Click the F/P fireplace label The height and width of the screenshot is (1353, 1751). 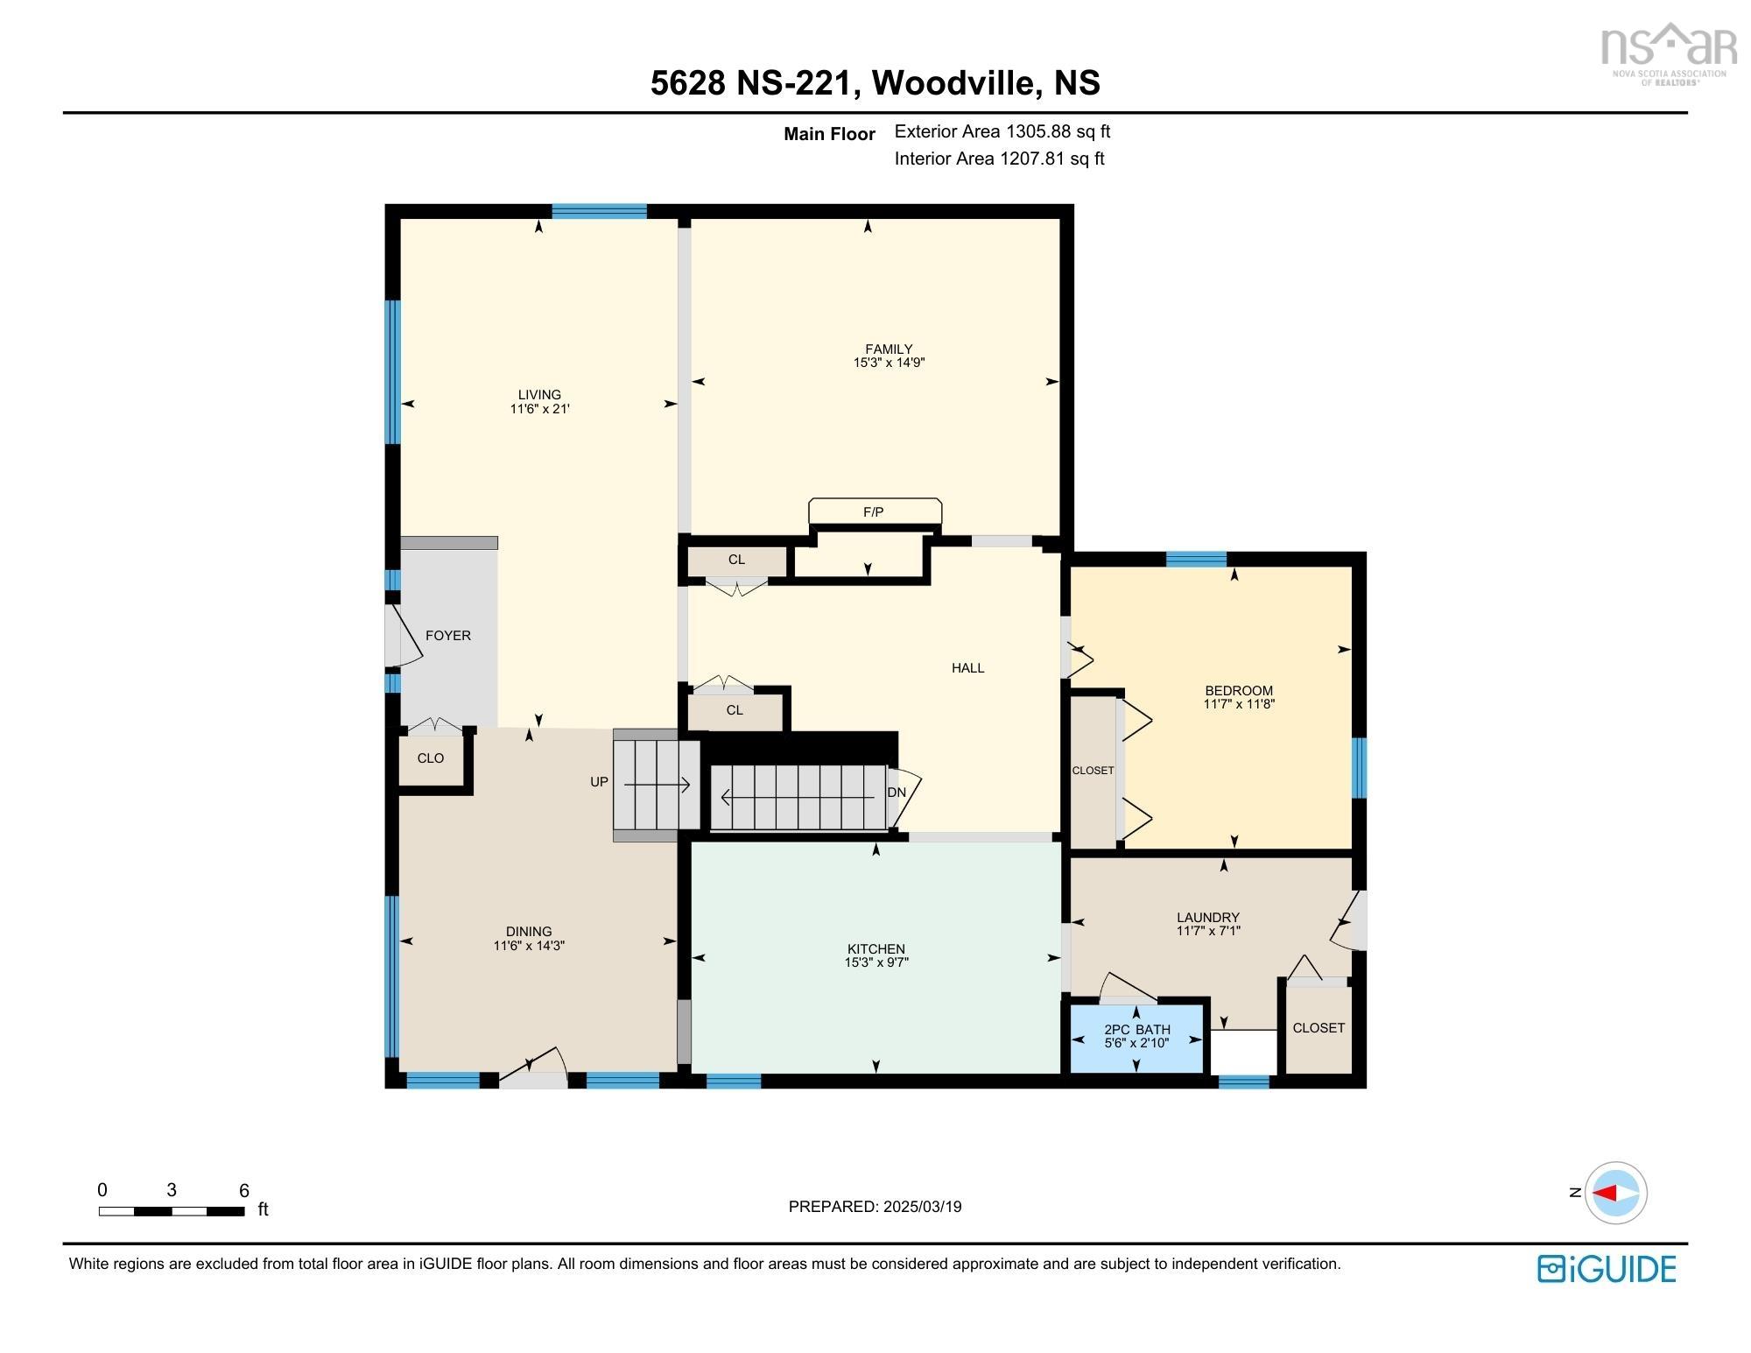click(x=873, y=512)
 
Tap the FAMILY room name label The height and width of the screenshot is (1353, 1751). click(x=889, y=349)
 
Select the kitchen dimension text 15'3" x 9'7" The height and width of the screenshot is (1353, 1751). click(x=875, y=962)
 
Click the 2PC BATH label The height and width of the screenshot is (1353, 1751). click(x=1136, y=1029)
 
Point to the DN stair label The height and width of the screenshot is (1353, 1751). click(x=897, y=793)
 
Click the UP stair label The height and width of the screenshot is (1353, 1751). click(x=599, y=782)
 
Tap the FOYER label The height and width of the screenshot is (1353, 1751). click(x=448, y=636)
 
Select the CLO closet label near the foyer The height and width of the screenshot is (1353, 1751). click(x=431, y=758)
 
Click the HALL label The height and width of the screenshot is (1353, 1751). click(x=968, y=668)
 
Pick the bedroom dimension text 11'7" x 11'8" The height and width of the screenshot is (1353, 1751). click(x=1238, y=703)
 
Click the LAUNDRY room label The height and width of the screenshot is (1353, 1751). click(x=1208, y=918)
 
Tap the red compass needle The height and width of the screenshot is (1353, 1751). click(x=1604, y=1193)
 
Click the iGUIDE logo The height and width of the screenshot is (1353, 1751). click(x=1607, y=1269)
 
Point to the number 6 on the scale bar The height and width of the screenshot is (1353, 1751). click(x=244, y=1191)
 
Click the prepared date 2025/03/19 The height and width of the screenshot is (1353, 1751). click(x=922, y=1207)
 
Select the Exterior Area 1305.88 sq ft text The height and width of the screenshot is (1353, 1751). click(x=1002, y=131)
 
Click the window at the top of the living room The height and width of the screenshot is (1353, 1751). click(x=599, y=211)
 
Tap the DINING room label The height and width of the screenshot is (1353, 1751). click(x=529, y=932)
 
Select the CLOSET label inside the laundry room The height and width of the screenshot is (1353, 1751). click(x=1319, y=1028)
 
